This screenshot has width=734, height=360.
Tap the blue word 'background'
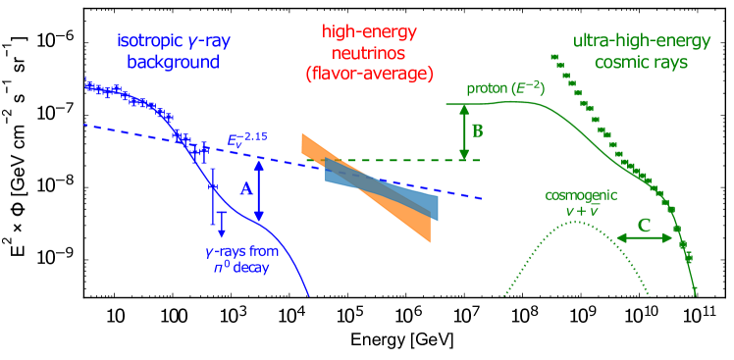click(166, 62)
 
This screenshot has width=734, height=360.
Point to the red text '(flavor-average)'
click(369, 75)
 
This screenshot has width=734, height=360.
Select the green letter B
click(477, 130)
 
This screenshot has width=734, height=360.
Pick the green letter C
click(644, 225)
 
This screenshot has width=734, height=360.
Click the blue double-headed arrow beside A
click(259, 190)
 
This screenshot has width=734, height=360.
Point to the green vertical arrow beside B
click(463, 131)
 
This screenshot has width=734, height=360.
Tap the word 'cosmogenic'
click(573, 194)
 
